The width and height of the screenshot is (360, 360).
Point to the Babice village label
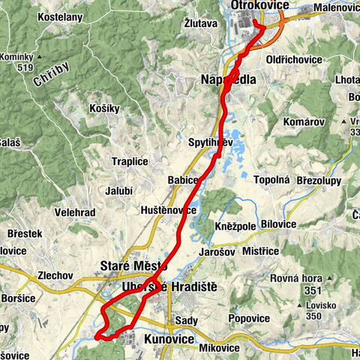click(182, 180)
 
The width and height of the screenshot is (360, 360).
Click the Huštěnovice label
click(168, 210)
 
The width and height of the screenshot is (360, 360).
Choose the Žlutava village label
click(200, 23)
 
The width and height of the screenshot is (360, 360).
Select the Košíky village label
click(104, 108)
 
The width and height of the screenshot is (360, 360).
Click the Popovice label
click(249, 319)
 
